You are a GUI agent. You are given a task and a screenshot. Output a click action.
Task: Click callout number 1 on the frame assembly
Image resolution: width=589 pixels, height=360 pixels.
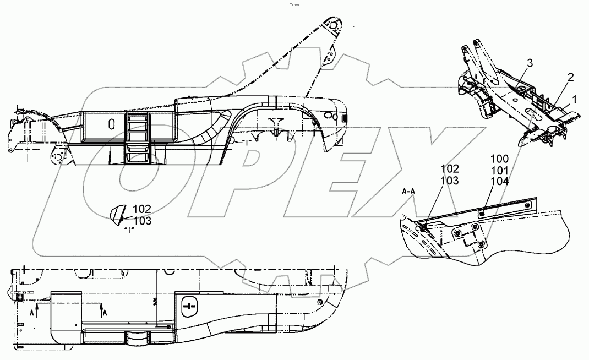pyautogui.click(x=575, y=100)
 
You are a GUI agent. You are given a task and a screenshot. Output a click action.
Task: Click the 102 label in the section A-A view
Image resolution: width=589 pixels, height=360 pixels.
pyautogui.click(x=449, y=169)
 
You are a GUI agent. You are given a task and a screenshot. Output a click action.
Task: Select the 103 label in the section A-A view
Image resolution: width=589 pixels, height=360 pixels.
pyautogui.click(x=449, y=180)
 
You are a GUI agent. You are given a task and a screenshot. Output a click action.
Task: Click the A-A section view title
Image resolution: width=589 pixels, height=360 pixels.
pyautogui.click(x=408, y=192)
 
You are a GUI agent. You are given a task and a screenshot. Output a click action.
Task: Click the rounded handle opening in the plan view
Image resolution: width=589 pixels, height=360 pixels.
pyautogui.click(x=188, y=307)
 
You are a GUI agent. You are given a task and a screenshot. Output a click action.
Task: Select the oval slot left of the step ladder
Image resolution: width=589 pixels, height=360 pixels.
pyautogui.click(x=111, y=123)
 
